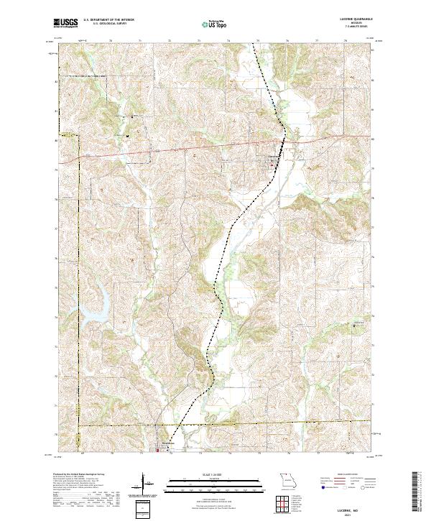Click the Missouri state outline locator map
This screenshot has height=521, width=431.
[287, 479]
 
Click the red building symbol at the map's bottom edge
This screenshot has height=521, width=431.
[159, 451]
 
